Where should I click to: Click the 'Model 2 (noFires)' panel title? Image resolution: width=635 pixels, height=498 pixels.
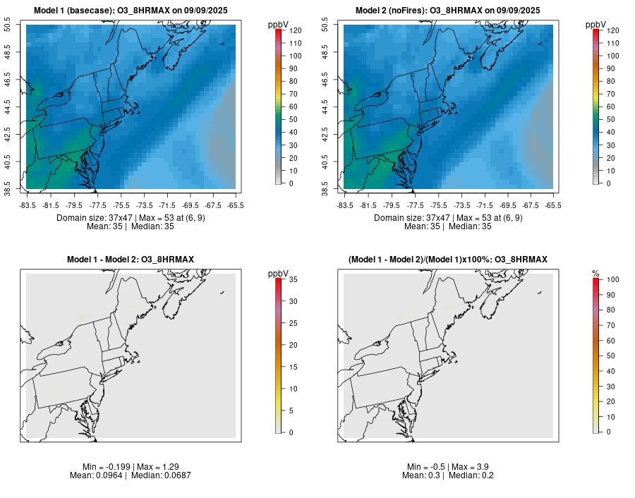tap(448, 10)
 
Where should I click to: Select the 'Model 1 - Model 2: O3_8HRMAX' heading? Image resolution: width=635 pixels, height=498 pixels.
tap(131, 260)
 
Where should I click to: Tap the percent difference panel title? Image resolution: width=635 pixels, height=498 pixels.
tap(448, 260)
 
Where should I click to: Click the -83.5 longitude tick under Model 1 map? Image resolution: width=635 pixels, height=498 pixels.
tap(28, 205)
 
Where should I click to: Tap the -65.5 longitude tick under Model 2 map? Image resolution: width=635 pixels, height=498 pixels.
tap(553, 205)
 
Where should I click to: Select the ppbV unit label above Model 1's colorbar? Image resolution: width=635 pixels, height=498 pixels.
tap(278, 24)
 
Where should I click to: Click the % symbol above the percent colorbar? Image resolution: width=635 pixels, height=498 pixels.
tap(595, 273)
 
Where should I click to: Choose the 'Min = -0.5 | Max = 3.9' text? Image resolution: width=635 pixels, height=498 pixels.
tap(448, 467)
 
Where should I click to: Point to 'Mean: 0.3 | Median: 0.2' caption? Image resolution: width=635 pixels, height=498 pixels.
tap(448, 475)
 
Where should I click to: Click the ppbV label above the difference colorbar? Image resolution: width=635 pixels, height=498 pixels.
tap(278, 273)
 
